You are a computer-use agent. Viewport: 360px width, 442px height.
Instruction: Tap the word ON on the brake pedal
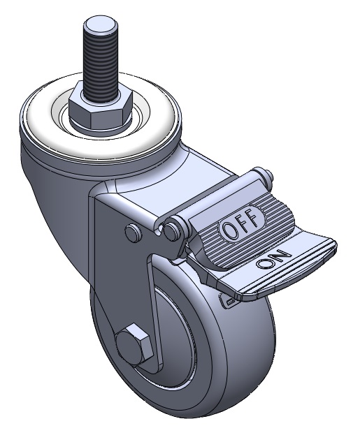click(x=273, y=259)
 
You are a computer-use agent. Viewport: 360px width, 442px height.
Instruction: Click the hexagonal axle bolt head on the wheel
click(x=132, y=344)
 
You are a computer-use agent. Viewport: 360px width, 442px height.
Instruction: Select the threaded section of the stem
click(x=100, y=61)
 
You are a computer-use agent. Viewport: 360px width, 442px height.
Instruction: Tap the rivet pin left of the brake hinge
click(x=133, y=233)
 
